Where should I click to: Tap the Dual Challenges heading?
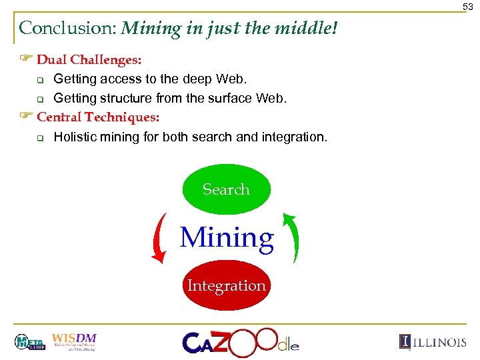[x=89, y=60]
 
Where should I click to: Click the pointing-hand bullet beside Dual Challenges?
[x=26, y=60]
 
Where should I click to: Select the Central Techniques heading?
[x=98, y=117]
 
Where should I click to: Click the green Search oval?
[x=226, y=189]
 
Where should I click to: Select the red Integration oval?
[x=226, y=285]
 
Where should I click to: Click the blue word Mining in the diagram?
[x=227, y=238]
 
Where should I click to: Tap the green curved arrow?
[x=292, y=237]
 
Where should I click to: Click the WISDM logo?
[x=74, y=342]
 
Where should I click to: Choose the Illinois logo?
[x=433, y=342]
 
